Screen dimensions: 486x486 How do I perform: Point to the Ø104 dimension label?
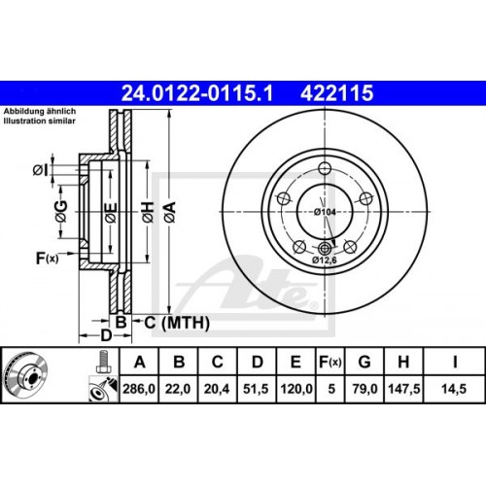(325, 211)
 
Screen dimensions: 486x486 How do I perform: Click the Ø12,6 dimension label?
(326, 261)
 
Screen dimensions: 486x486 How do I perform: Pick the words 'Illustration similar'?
(38, 121)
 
